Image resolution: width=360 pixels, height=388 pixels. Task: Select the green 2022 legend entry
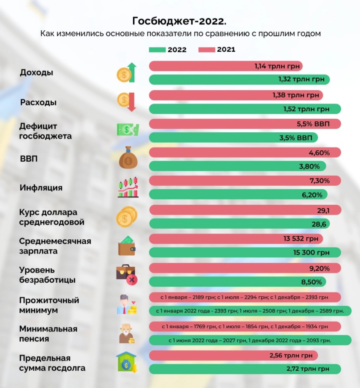tap(168, 50)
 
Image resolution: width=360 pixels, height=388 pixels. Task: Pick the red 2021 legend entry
tap(217, 50)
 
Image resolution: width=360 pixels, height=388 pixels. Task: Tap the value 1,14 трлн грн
tap(275, 66)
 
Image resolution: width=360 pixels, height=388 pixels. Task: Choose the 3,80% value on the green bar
tap(309, 166)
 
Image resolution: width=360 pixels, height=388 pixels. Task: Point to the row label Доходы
tap(37, 72)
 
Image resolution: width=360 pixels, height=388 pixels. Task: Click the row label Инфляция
tap(41, 188)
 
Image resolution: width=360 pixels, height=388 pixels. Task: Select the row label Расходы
tap(38, 102)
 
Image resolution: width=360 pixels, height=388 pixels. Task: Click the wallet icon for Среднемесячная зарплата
tap(127, 246)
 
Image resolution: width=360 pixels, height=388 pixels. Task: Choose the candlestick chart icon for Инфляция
tap(128, 188)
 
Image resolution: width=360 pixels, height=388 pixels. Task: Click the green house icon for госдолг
tap(127, 363)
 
